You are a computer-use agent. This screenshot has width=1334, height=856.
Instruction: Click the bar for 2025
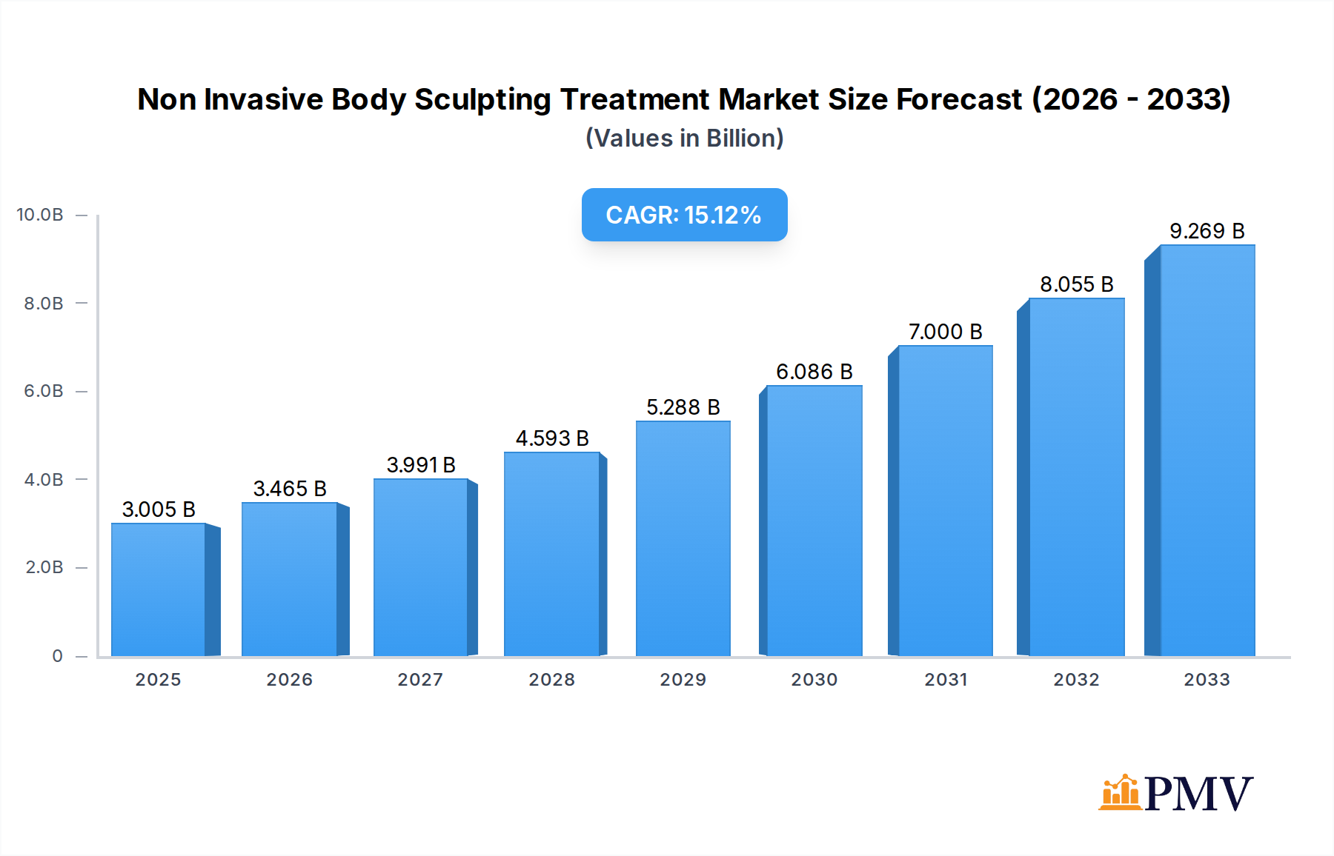pos(159,589)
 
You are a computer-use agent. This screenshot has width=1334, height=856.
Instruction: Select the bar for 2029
pos(683,538)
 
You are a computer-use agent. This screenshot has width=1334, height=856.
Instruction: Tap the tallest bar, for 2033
pos(1207,450)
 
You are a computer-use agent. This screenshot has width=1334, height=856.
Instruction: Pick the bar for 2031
pos(945,501)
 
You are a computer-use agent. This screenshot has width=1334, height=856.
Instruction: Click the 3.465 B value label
pos(290,489)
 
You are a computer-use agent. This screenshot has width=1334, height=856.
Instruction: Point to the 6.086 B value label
pos(814,372)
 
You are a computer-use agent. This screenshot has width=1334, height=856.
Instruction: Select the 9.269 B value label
pos(1207,231)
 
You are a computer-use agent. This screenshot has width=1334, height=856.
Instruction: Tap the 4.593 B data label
pos(552,438)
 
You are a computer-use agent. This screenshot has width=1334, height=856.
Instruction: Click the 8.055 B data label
pos(1076,284)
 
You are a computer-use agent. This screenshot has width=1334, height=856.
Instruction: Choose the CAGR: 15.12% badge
pos(684,215)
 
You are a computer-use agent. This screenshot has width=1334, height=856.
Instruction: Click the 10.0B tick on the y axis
pos(40,215)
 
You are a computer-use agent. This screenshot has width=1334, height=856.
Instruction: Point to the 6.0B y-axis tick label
pos(44,391)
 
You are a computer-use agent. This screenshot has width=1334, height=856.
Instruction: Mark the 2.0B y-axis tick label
pos(44,567)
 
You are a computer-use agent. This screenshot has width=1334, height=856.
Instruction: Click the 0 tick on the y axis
pos(57,656)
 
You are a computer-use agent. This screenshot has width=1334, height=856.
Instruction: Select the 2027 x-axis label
pos(420,680)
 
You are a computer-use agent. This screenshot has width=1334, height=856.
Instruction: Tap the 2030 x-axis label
pos(814,680)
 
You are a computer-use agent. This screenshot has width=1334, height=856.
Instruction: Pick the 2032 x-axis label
pos(1076,680)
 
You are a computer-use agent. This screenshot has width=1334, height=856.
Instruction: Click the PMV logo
pos(1175,793)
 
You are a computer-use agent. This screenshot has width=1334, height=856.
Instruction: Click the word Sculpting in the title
pos(482,99)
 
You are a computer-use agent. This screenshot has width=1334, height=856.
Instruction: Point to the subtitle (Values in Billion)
pos(684,138)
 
